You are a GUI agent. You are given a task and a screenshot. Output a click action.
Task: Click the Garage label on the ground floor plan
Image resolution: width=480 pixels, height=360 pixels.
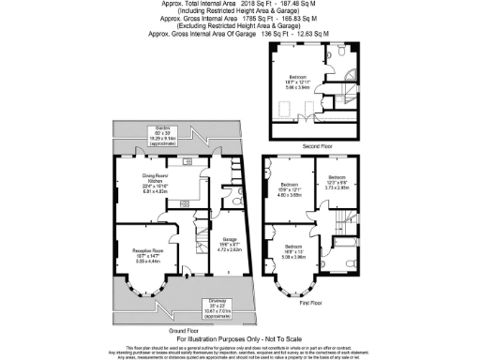pyautogui.click(x=230, y=241)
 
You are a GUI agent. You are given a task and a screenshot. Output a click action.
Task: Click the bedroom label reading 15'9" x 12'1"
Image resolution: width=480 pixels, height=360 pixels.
pyautogui.click(x=289, y=187)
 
